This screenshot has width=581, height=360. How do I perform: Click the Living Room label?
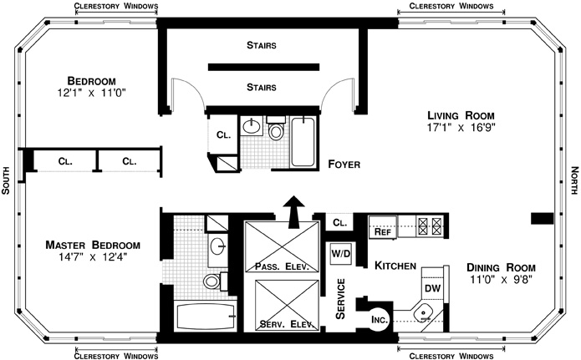(461, 115)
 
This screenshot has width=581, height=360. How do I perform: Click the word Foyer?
(344, 165)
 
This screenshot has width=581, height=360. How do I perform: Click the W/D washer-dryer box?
(340, 252)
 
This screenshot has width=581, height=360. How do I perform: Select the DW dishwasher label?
(432, 288)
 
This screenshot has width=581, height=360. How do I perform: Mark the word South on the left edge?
(7, 179)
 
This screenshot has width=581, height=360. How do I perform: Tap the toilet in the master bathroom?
(212, 280)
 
